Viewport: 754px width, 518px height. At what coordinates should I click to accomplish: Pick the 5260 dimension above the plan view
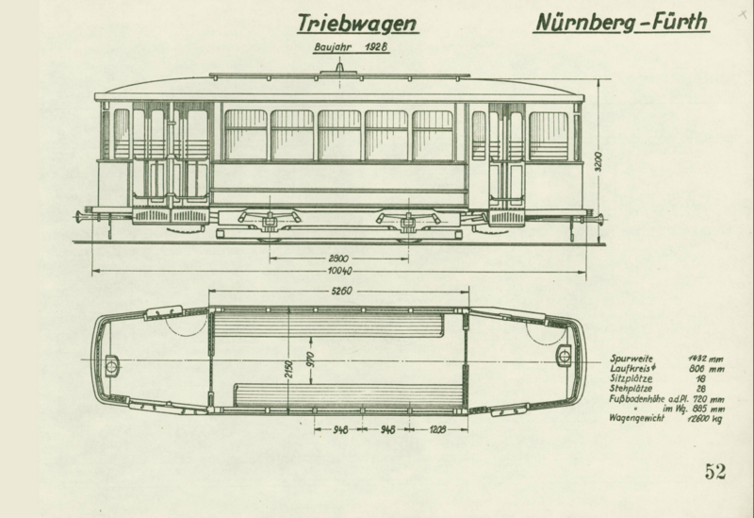[339, 291]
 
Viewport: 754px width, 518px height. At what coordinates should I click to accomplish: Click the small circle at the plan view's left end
[112, 361]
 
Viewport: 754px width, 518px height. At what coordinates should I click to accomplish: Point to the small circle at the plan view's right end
[565, 354]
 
